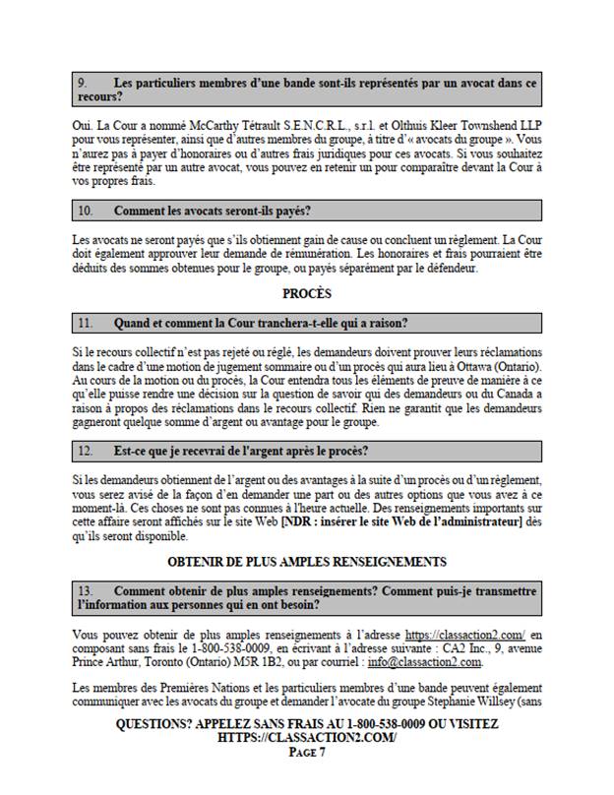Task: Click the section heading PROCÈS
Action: point(306,293)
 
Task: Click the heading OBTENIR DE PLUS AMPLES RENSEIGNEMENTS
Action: point(306,562)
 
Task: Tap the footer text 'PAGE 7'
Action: point(306,753)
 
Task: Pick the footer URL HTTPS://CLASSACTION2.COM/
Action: point(306,737)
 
